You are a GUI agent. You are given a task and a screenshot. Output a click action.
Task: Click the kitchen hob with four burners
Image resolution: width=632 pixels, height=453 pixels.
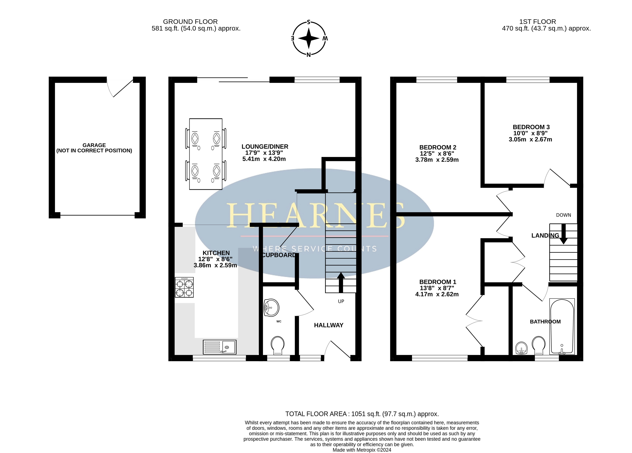[184, 287]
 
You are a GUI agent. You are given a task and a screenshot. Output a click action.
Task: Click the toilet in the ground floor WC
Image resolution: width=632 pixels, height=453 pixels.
[278, 345]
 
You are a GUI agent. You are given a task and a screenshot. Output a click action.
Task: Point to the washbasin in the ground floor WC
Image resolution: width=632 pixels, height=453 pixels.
[271, 308]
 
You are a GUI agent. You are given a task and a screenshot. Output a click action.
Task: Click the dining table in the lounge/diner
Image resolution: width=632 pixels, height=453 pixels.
[206, 154]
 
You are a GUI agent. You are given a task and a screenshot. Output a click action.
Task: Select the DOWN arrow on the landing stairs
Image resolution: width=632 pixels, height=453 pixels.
[563, 234]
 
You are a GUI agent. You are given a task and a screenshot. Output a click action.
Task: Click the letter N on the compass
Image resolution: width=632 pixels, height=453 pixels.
[308, 55]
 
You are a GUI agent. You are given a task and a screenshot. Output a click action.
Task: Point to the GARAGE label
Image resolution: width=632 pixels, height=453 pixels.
[94, 145]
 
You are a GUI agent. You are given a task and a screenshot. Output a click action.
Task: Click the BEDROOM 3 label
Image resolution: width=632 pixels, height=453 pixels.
[531, 127]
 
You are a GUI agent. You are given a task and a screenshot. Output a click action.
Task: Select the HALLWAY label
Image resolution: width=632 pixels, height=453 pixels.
[329, 325]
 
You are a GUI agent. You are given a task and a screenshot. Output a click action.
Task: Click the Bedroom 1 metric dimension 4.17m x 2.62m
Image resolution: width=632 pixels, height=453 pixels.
[437, 294]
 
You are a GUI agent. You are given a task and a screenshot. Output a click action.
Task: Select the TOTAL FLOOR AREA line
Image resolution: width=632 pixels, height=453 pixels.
[362, 414]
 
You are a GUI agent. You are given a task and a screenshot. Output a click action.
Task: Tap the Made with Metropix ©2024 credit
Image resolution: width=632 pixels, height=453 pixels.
[362, 450]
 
